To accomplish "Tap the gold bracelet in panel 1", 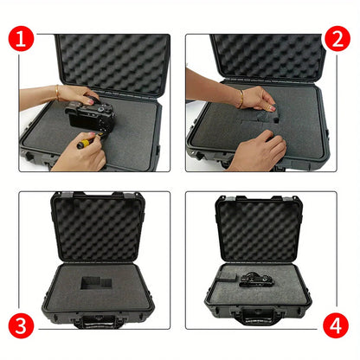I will click(58, 93).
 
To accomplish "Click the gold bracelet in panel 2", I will click(240, 100).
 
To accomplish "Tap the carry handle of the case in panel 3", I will click(92, 323).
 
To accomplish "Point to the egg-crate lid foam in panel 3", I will click(95, 228).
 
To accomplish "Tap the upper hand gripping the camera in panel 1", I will click(78, 95).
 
